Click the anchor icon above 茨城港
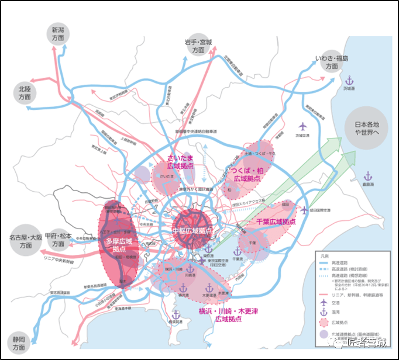(x=350, y=80)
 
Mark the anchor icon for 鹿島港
(x=367, y=175)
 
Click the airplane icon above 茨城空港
(x=302, y=126)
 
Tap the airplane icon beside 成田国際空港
(x=303, y=210)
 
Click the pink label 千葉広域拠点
(x=275, y=222)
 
